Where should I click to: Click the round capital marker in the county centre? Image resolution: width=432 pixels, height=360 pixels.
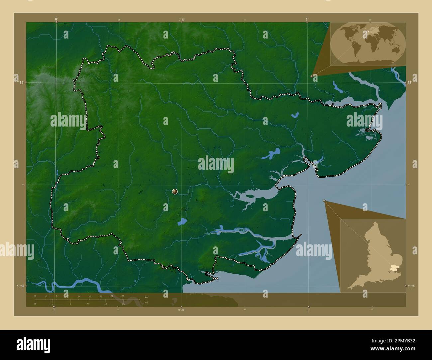coord(175,191)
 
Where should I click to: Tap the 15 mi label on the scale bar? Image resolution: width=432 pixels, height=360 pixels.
coord(123,304)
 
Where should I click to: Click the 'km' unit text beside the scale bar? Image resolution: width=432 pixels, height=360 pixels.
coord(146,297)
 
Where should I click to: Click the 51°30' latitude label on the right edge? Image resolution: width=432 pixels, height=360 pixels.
coord(411,286)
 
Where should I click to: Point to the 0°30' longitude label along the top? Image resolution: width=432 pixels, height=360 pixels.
coord(182,20)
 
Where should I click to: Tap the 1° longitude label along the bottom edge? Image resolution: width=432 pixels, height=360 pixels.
coord(308,310)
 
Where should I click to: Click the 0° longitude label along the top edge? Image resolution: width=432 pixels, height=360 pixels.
coord(56,20)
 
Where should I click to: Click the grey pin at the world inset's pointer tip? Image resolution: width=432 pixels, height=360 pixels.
coord(312,76)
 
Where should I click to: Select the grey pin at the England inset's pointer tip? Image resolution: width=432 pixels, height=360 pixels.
coord(324,201)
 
